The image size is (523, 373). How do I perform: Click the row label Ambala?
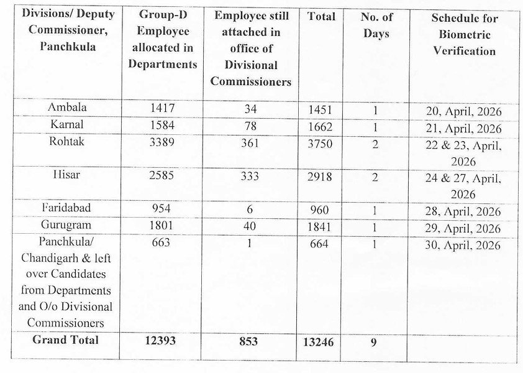[x=67, y=108]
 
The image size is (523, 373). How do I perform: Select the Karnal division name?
[x=66, y=124]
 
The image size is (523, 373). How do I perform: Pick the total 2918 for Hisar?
[x=320, y=177]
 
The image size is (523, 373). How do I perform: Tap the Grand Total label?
[x=65, y=340]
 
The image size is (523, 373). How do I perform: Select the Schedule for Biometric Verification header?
[x=463, y=35]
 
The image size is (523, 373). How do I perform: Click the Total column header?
[x=321, y=17]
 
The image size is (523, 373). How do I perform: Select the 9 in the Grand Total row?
[x=374, y=341]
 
